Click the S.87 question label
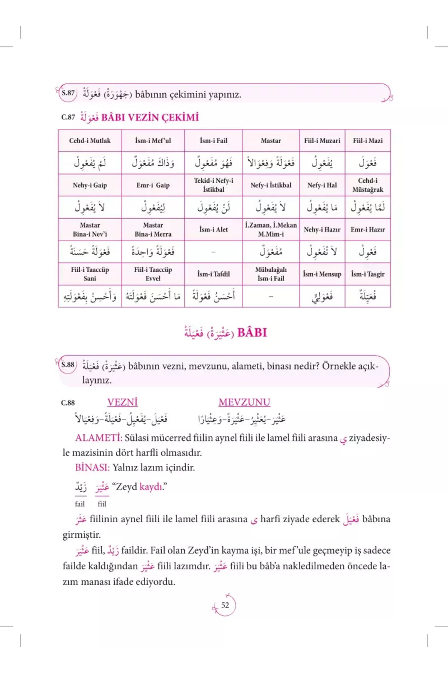[68, 93]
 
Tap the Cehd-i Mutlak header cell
[90, 141]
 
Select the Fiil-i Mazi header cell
[368, 141]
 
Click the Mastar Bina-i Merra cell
[153, 230]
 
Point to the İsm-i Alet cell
[214, 230]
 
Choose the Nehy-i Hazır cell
[322, 230]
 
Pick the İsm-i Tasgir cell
[368, 274]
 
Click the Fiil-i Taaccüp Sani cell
[90, 274]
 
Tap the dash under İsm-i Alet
[214, 252]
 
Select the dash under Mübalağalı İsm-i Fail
[271, 296]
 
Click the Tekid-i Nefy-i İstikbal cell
[214, 185]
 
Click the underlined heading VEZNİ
[122, 402]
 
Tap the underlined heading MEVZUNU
[244, 402]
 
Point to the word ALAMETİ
[99, 438]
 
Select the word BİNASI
[92, 467]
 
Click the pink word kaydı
[151, 487]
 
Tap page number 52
[225, 605]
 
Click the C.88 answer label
[68, 403]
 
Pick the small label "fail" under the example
[80, 504]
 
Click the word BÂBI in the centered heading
[252, 332]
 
